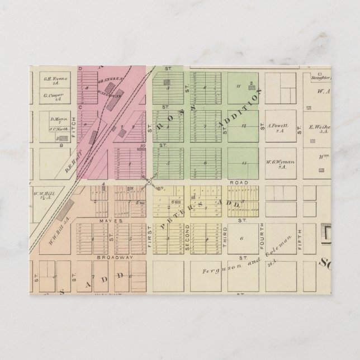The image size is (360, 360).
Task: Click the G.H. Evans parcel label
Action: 55,79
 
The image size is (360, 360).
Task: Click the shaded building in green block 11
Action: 252,84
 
